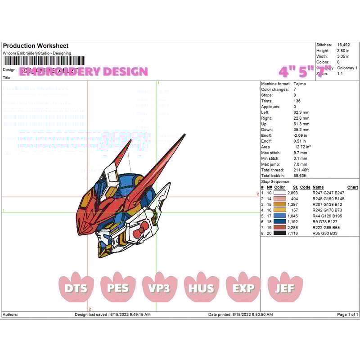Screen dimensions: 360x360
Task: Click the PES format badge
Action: [118, 288]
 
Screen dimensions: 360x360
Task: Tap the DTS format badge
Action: [76, 288]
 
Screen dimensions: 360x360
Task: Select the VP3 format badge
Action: [160, 288]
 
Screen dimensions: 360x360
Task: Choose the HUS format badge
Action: [201, 288]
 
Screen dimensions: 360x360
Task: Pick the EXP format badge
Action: [243, 288]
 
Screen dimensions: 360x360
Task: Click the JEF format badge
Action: [285, 288]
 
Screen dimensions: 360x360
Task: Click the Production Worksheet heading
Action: [36, 46]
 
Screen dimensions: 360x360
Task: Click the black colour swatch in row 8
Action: [279, 234]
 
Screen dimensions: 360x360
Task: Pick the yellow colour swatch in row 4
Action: [279, 210]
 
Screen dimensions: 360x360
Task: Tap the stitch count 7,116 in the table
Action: [292, 234]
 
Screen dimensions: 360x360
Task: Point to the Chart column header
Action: [352, 187]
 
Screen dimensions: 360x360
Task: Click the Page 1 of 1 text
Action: [347, 315]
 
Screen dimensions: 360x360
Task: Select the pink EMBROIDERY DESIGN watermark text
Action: [84, 72]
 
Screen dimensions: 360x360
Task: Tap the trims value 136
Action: [297, 101]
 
